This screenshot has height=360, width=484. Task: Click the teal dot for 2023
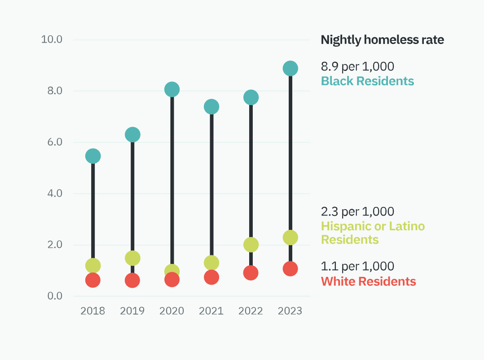290,69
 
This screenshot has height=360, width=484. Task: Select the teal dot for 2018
93,156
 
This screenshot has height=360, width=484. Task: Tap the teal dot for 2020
172,89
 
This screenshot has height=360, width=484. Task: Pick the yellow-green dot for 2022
251,245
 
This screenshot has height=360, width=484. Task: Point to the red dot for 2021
211,277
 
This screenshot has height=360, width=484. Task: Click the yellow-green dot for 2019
132,258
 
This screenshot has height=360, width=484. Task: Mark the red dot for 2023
290,269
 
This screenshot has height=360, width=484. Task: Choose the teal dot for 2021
211,107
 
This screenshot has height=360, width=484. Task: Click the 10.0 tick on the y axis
52,40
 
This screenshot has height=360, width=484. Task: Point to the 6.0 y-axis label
55,142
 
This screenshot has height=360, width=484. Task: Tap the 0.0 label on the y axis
55,296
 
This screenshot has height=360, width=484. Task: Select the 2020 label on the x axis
172,311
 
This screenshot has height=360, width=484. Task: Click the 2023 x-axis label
290,311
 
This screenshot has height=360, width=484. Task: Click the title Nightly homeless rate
383,40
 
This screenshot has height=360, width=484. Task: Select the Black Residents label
367,81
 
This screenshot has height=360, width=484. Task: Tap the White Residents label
369,281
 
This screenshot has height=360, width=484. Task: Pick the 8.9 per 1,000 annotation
357,66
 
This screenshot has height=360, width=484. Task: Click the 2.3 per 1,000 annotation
357,211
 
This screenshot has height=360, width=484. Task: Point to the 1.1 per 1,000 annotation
357,266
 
